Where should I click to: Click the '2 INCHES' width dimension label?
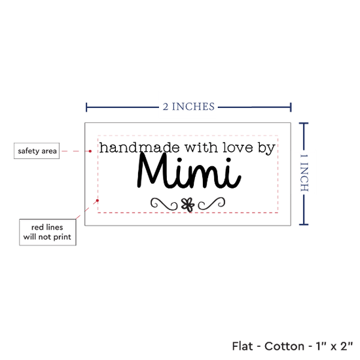click(x=189, y=107)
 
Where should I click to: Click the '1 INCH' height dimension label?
click(x=304, y=173)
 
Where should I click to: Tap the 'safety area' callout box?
click(x=37, y=151)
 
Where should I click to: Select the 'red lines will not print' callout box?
click(x=48, y=232)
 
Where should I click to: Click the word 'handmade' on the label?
click(x=139, y=147)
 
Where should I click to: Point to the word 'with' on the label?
click(x=202, y=147)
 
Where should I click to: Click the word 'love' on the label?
click(x=238, y=147)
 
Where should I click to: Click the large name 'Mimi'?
click(x=189, y=171)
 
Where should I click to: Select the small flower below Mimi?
click(x=188, y=205)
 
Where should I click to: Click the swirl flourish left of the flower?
click(x=164, y=204)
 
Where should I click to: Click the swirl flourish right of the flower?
click(x=211, y=204)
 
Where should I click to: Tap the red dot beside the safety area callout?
click(x=90, y=151)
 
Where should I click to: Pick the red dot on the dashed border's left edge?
click(x=98, y=200)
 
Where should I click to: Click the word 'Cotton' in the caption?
click(x=284, y=346)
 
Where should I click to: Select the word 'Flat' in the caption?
click(x=242, y=346)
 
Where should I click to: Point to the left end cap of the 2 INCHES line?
click(x=86, y=107)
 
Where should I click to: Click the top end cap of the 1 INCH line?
click(x=304, y=124)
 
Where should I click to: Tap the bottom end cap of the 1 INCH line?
click(x=304, y=225)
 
